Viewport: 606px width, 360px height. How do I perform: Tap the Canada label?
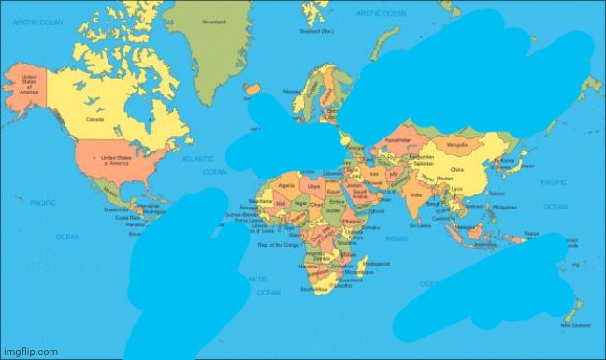94,119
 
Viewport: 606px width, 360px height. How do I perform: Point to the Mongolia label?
457,146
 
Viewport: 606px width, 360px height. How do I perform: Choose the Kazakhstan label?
398,140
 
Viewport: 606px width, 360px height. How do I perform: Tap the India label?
415,194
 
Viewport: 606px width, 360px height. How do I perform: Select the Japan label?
528,166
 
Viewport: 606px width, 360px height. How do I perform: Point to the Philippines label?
505,207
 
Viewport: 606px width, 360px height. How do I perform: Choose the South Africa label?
313,290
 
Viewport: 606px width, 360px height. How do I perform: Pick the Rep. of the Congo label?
278,244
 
